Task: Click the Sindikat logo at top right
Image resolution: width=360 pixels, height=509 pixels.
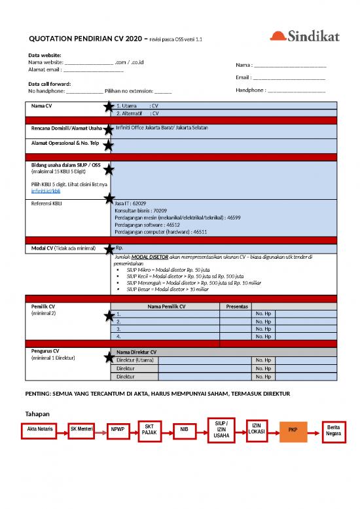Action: click(x=305, y=37)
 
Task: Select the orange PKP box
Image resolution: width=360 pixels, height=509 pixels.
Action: click(x=293, y=430)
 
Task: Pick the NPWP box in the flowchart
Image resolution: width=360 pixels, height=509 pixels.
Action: click(x=118, y=430)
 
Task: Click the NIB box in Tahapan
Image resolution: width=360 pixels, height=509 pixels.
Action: click(x=185, y=430)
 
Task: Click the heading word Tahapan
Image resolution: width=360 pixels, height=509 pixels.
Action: click(x=38, y=414)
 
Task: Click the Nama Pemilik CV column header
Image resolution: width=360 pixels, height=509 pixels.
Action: click(x=166, y=306)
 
